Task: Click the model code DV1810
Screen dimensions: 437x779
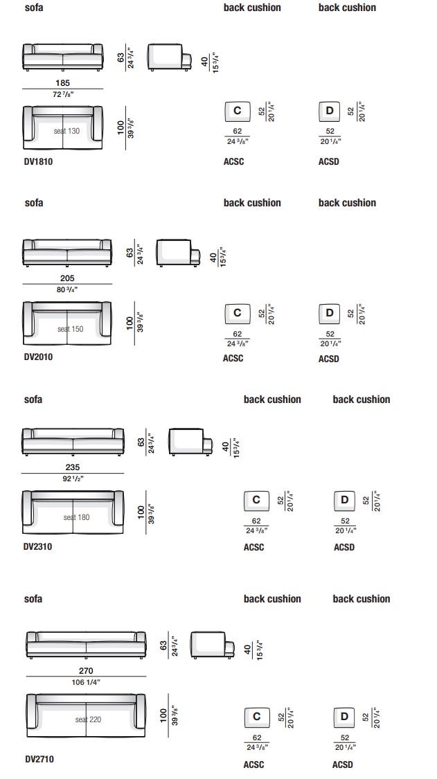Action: pos(38,161)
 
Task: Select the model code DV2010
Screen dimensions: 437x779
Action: pos(38,357)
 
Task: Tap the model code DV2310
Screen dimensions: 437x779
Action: pos(38,546)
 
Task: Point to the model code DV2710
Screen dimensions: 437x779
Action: pos(39,759)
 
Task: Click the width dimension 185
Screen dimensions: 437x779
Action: pos(62,83)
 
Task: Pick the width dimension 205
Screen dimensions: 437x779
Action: pos(67,278)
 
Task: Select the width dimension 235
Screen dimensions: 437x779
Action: pos(73,467)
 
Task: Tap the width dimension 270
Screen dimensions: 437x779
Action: pos(86,671)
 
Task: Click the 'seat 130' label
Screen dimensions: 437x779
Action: pos(66,131)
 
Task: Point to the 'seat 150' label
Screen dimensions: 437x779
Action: pos(71,329)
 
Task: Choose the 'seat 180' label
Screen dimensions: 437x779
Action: pos(77,517)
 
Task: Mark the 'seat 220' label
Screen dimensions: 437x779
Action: pos(89,719)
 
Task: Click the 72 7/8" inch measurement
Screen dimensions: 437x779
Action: pos(62,94)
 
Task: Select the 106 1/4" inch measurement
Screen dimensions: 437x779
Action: pos(86,682)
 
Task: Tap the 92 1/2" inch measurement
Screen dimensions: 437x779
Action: pos(73,478)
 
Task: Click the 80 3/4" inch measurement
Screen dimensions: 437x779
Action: pos(67,289)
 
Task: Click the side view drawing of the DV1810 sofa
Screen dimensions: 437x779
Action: pos(168,57)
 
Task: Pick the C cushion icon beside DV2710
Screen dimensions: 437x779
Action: pos(257,717)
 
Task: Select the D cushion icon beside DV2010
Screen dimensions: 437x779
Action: pos(330,314)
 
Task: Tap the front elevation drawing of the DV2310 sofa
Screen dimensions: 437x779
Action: pos(73,441)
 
